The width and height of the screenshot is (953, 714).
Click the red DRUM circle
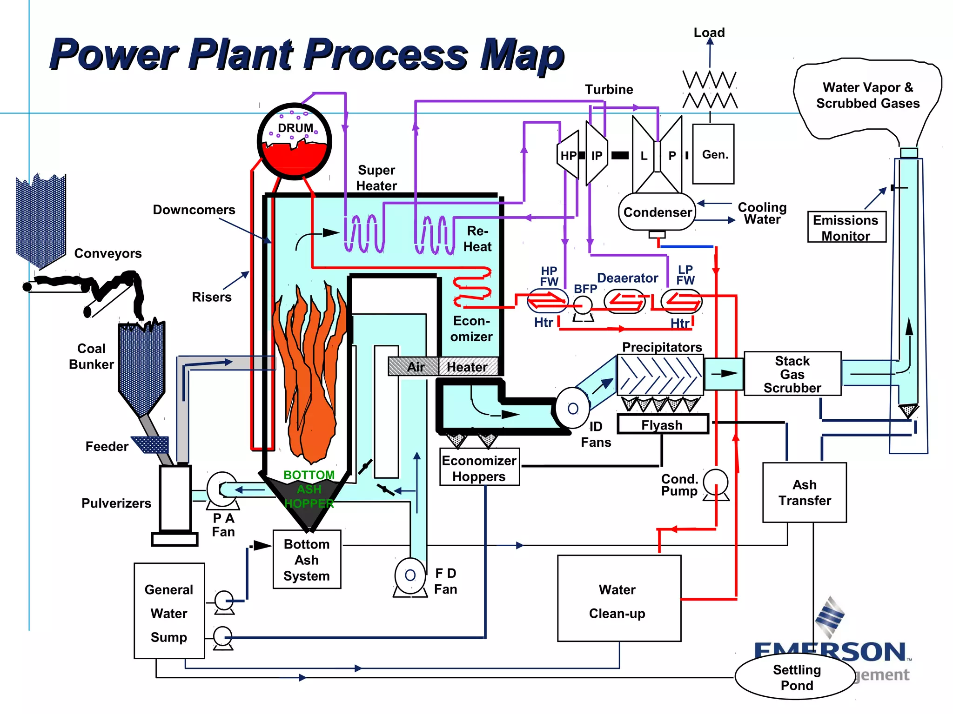pyautogui.click(x=295, y=141)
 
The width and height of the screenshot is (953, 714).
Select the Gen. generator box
pyautogui.click(x=713, y=154)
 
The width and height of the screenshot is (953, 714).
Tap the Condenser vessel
pyautogui.click(x=657, y=212)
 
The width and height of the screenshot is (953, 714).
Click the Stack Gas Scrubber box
pyautogui.click(x=792, y=374)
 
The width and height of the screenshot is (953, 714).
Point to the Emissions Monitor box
pyautogui.click(x=846, y=227)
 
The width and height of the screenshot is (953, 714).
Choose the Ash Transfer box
pyautogui.click(x=804, y=492)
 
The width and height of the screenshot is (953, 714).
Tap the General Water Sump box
pyautogui.click(x=169, y=611)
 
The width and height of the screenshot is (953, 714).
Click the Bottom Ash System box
pyautogui.click(x=307, y=560)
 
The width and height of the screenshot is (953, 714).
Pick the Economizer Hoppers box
pyautogui.click(x=479, y=468)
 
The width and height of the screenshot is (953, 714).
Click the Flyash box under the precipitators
pyautogui.click(x=662, y=424)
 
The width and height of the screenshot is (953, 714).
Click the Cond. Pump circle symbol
pyautogui.click(x=715, y=483)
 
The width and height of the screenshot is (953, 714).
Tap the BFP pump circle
pyautogui.click(x=583, y=305)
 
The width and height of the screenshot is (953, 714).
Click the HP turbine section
pyautogui.click(x=569, y=155)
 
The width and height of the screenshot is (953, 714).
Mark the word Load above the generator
pyautogui.click(x=709, y=33)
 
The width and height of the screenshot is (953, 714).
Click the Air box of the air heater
pyautogui.click(x=414, y=367)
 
